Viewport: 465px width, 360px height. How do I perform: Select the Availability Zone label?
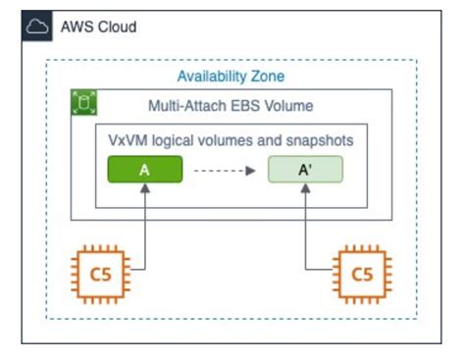[x=231, y=76]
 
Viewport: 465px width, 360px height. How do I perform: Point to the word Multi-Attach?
[x=186, y=105]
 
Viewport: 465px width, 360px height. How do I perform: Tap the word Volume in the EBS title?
[x=290, y=105]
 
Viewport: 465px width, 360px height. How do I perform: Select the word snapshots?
[x=319, y=140]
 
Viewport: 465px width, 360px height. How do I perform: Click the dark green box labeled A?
[x=144, y=170]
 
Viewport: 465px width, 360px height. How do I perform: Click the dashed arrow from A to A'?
[x=226, y=170]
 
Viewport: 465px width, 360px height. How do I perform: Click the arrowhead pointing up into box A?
[x=144, y=190]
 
